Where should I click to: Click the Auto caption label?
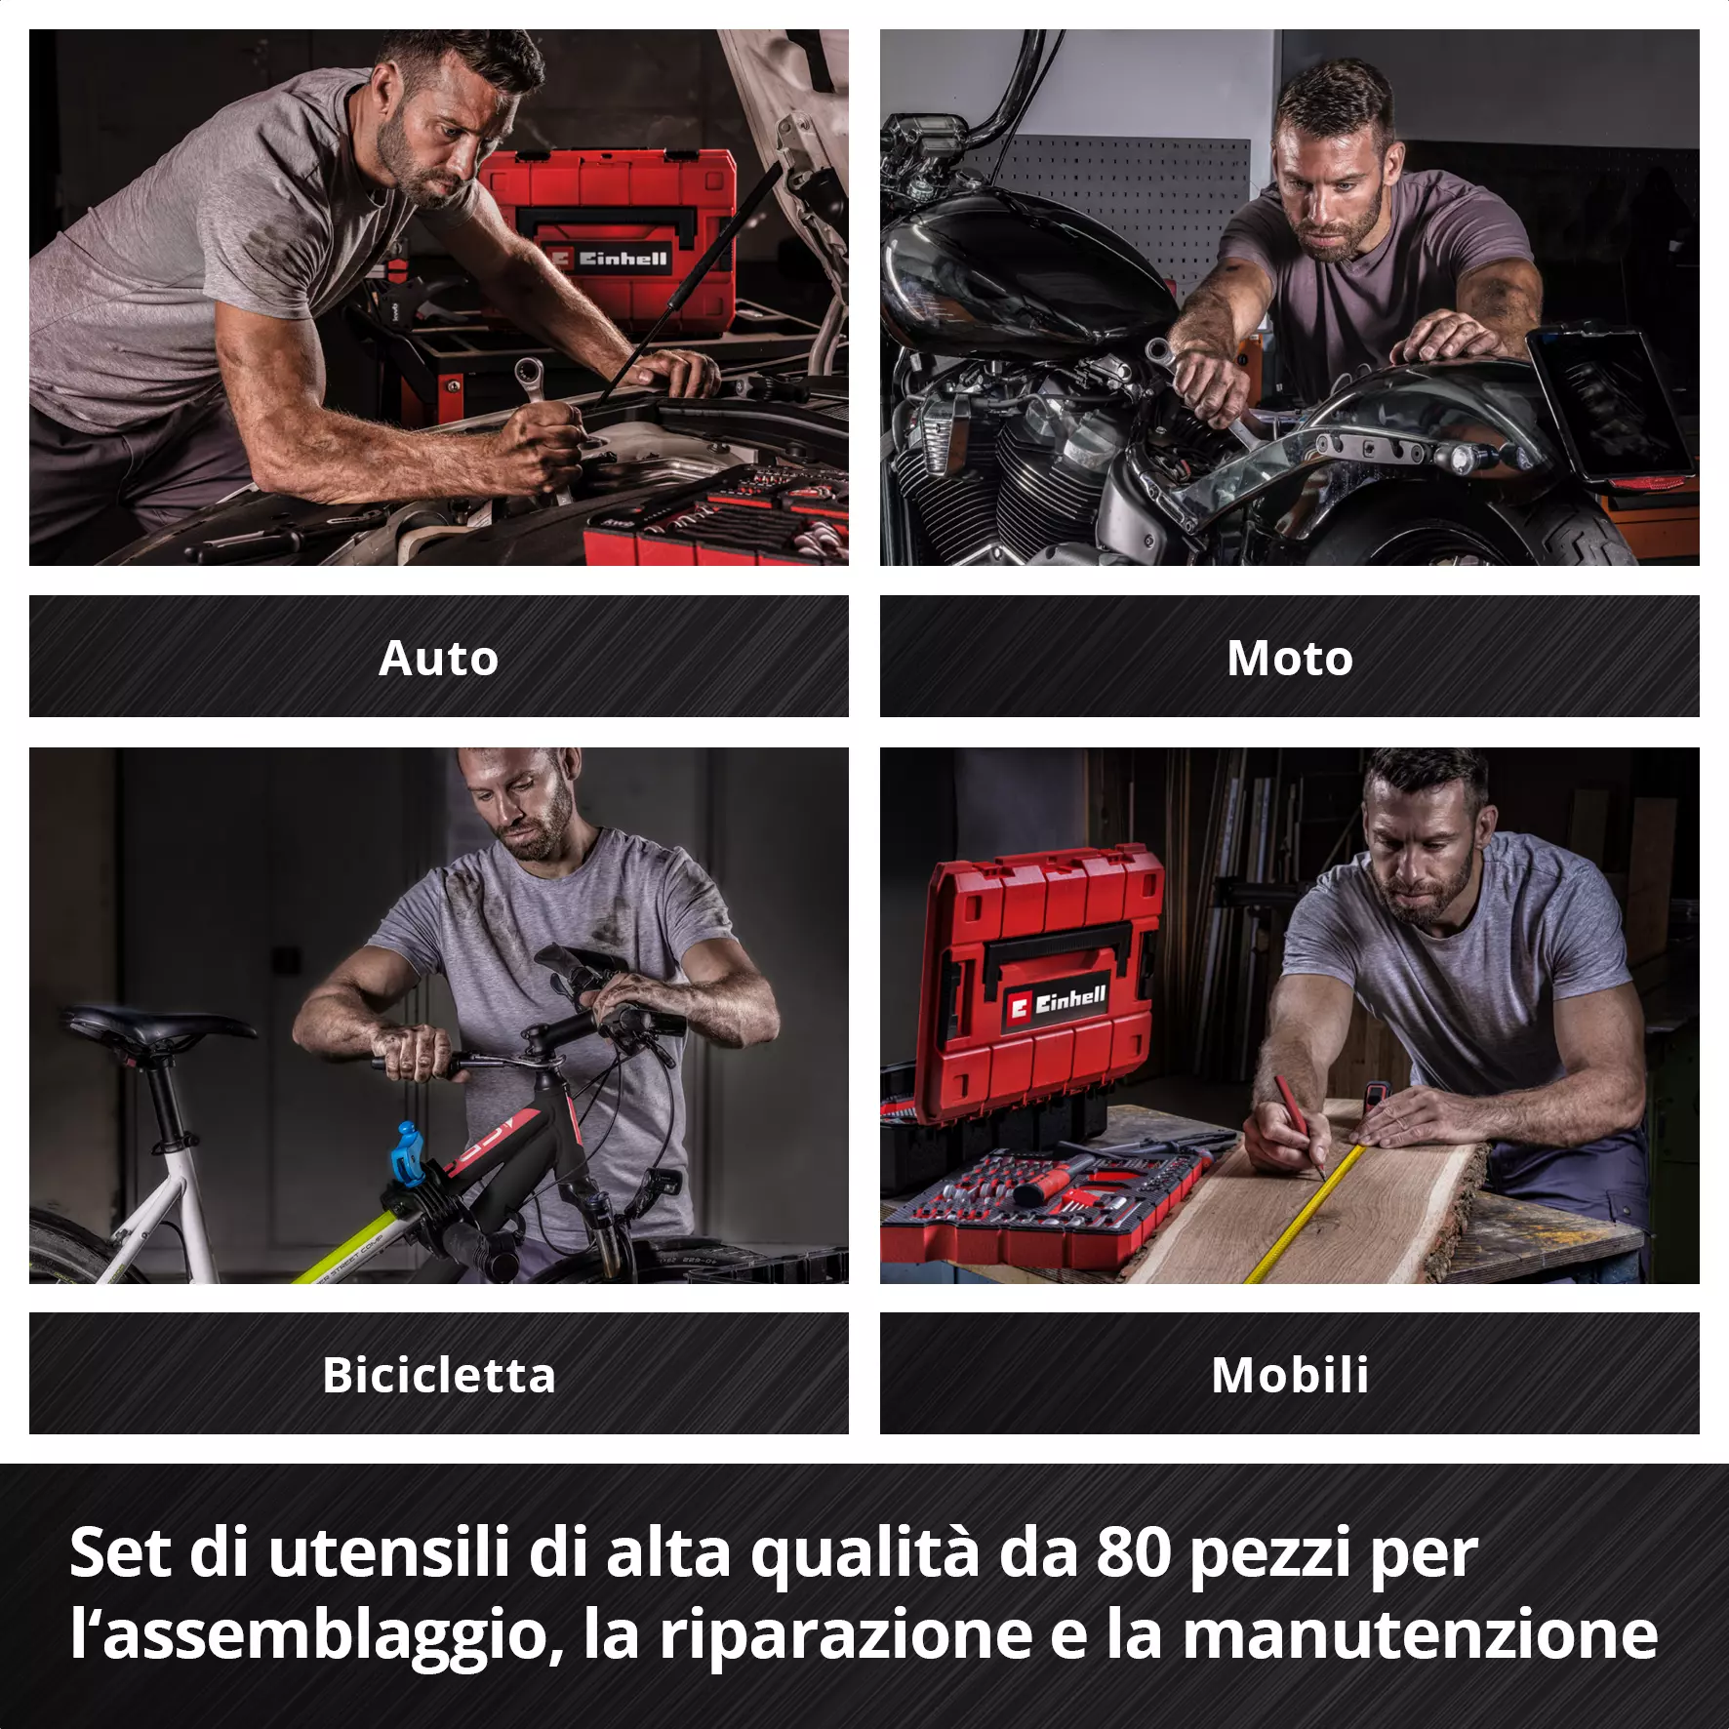pyautogui.click(x=438, y=658)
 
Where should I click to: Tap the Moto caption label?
pyautogui.click(x=1290, y=658)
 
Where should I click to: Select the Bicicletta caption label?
pyautogui.click(x=439, y=1375)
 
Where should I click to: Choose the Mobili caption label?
pyautogui.click(x=1290, y=1375)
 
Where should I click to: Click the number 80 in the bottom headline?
pyautogui.click(x=1133, y=1552)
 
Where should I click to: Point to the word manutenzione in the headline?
pyautogui.click(x=1421, y=1635)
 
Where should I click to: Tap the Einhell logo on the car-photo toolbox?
pyautogui.click(x=611, y=259)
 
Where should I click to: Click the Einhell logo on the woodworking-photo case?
pyautogui.click(x=1058, y=1001)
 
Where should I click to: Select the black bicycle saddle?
pyautogui.click(x=156, y=1027)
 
